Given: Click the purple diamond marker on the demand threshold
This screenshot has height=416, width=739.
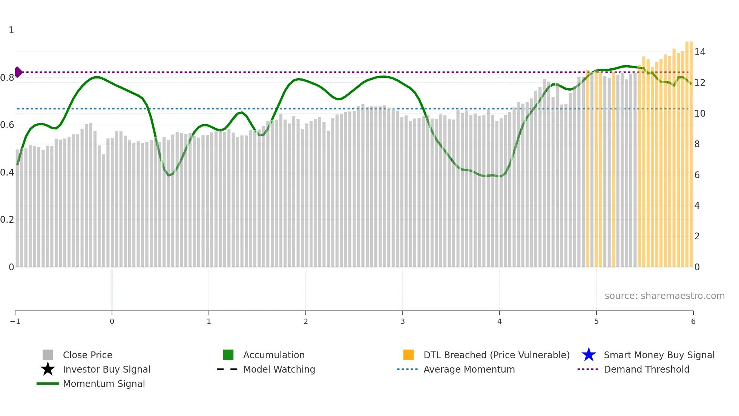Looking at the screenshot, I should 18,72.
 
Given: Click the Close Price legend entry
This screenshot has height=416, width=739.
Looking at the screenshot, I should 87,355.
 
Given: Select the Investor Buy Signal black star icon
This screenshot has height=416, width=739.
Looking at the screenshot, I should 48,369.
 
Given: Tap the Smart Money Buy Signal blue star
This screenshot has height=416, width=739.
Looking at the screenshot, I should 589,355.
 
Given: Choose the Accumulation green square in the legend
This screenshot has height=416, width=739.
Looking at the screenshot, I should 228,355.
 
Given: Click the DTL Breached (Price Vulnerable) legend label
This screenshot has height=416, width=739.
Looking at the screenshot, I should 496,355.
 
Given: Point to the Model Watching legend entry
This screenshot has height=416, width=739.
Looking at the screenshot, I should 279,369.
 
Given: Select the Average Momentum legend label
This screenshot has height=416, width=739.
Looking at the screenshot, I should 469,369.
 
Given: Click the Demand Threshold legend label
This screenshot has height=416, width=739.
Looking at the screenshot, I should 646,369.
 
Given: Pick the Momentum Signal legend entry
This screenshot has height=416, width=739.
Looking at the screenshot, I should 104,384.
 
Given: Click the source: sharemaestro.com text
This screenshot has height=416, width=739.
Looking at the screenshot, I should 664,296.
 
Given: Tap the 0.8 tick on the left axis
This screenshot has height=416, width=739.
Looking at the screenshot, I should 7,78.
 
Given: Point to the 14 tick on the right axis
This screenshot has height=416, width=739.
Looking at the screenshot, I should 700,52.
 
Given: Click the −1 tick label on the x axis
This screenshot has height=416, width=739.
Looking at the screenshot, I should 15,321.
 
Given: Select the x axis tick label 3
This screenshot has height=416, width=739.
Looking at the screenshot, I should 403,321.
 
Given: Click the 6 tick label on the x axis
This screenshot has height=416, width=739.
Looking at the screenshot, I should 693,321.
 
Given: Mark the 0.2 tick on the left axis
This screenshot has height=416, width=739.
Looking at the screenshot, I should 7,219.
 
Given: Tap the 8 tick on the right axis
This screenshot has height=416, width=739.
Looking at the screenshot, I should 697,144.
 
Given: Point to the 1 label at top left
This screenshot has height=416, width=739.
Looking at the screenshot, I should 11,30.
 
